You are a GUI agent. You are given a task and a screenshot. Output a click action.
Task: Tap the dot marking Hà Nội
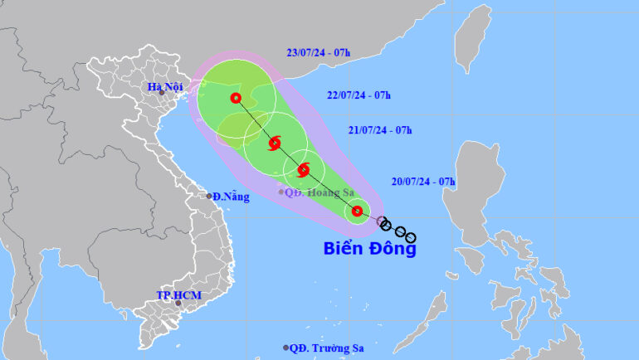162,93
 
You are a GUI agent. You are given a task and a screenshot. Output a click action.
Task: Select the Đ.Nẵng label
229,197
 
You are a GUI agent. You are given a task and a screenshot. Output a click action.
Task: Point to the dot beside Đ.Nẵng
209,196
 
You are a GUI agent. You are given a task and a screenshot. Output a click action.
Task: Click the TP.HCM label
179,295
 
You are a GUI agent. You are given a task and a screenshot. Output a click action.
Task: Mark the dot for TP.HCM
178,304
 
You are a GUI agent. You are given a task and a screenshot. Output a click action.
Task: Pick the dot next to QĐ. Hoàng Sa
280,192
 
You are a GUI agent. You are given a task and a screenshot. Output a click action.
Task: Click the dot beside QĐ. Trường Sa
286,348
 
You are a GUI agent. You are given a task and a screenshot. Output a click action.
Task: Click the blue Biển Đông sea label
368,247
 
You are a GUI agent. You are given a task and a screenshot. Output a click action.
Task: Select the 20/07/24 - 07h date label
422,182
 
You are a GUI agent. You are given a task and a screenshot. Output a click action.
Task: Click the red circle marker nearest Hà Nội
237,98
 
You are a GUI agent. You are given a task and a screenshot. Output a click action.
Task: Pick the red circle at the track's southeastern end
357,211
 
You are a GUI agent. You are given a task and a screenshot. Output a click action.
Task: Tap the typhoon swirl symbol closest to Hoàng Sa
304,170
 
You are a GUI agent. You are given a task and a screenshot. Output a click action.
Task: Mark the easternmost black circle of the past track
411,238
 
